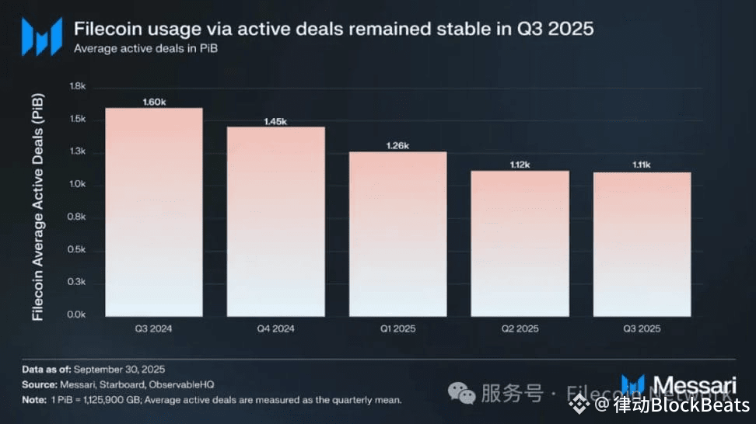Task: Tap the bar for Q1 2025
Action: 397,234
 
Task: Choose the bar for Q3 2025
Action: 642,244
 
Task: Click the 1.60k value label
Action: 154,102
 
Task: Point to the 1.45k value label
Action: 275,121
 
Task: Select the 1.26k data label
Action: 397,146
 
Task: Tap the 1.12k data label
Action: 520,165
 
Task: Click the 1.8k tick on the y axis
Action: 77,87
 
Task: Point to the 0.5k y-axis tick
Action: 77,249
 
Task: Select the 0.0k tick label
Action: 77,315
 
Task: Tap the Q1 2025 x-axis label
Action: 397,329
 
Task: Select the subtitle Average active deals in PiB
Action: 145,48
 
